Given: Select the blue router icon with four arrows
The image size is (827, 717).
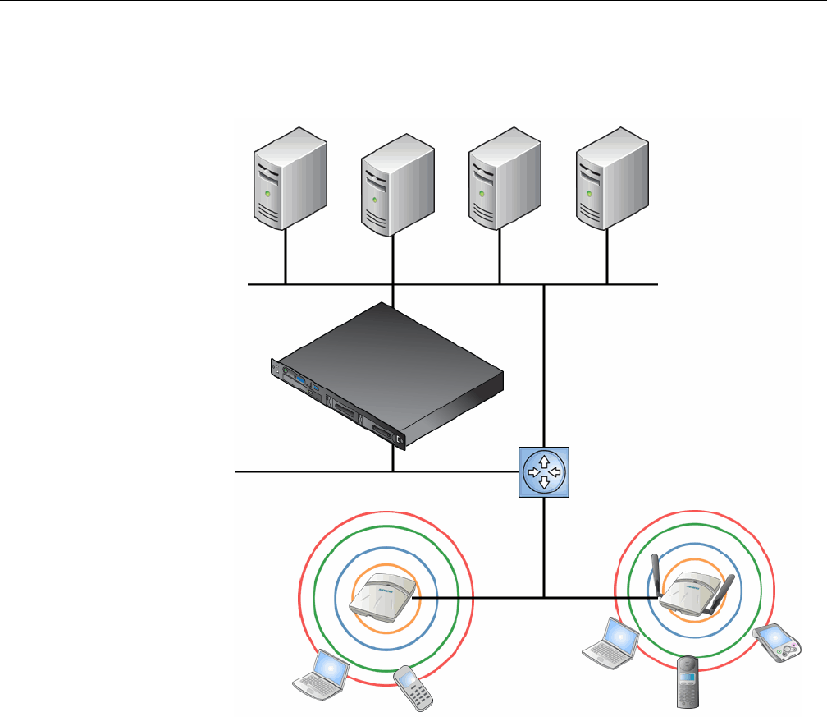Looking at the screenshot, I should click(x=544, y=473).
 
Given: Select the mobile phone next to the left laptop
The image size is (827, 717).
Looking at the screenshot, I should click(x=413, y=685).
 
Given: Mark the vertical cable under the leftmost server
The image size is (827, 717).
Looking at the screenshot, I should click(x=286, y=257).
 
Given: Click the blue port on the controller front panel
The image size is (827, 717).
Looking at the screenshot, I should click(x=315, y=384).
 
